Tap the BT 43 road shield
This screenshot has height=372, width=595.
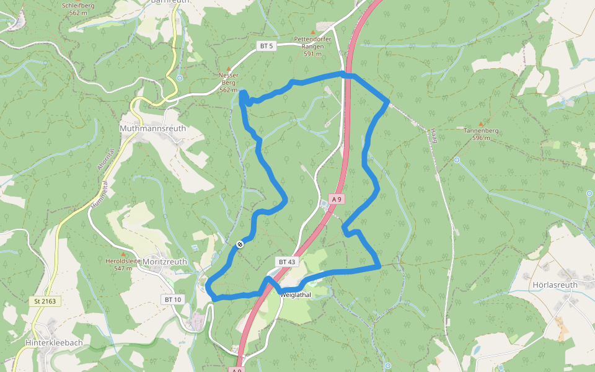pos(286,262)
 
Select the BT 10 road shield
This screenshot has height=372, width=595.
pos(173,299)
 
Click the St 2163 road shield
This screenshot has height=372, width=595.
pos(45,301)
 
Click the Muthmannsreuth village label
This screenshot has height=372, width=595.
pos(152,128)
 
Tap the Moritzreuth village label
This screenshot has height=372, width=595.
pos(164,262)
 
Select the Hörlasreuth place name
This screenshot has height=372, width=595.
pos(555,285)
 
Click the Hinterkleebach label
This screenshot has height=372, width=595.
pos(54,342)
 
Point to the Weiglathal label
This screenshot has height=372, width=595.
pos(295,295)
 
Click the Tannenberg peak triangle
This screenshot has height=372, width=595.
pos(481,124)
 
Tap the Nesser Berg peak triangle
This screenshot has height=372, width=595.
pos(229,68)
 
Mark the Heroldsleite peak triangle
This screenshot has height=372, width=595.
pos(123,254)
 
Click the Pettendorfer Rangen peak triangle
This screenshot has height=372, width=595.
pos(313,32)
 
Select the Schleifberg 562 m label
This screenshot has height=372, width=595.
pos(79,9)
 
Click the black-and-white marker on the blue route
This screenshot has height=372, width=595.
pos(239,244)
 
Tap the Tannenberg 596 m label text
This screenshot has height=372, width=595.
pos(481,134)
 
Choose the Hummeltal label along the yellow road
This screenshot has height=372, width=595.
pos(99,194)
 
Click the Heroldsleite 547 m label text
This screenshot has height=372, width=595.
pos(123,265)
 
